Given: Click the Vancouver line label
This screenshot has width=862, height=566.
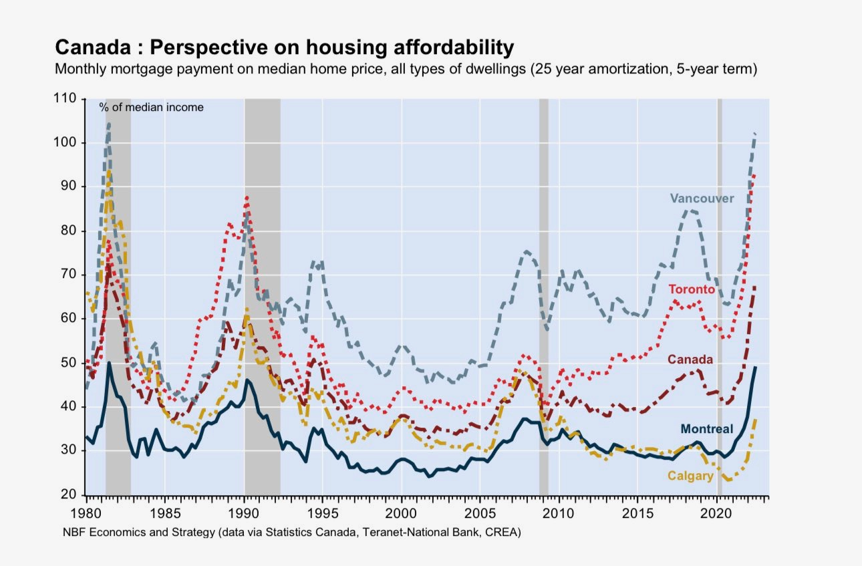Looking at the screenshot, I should click(702, 198).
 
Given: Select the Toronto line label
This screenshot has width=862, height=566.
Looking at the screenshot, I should click(692, 289).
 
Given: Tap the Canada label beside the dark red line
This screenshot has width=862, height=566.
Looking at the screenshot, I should click(690, 360).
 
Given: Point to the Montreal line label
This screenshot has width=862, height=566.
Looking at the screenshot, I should click(706, 429).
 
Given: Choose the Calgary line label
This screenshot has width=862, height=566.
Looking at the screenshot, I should click(690, 476).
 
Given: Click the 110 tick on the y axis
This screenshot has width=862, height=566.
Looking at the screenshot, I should click(65, 99).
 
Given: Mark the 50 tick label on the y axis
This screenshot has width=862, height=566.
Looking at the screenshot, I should click(69, 363).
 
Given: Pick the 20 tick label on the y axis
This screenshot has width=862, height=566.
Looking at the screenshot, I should click(69, 494).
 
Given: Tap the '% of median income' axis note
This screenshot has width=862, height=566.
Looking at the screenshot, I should click(152, 107).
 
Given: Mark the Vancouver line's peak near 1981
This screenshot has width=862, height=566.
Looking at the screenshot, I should click(108, 124).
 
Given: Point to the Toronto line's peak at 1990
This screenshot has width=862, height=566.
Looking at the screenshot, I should click(247, 196).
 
